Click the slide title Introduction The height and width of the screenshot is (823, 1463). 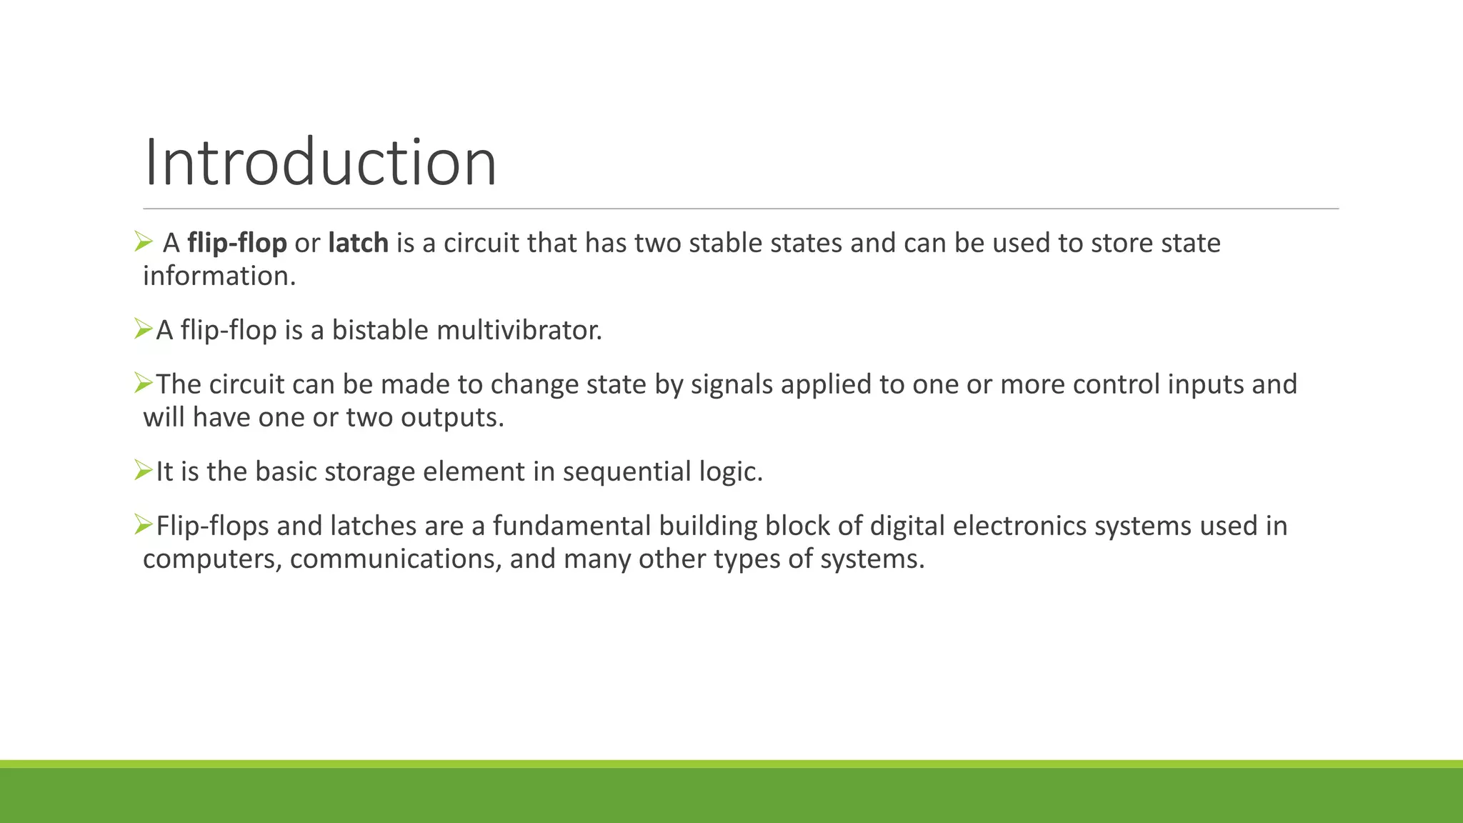click(320, 163)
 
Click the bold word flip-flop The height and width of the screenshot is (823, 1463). click(236, 244)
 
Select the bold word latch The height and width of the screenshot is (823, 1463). click(358, 244)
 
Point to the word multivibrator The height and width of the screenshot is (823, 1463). click(519, 331)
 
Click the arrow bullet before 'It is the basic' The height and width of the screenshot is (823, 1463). click(144, 470)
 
